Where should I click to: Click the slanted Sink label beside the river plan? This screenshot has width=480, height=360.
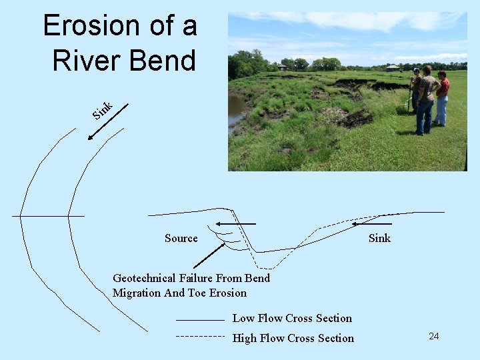[102, 110]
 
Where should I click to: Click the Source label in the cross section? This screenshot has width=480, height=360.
[181, 239]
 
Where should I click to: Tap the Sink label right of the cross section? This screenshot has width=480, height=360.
[379, 239]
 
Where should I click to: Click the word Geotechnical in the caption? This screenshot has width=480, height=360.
[144, 278]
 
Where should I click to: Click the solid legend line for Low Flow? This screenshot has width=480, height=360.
[199, 321]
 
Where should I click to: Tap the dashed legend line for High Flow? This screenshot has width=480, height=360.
[199, 337]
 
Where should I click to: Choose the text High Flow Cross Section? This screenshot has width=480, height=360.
[293, 338]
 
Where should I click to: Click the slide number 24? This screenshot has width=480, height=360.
[433, 336]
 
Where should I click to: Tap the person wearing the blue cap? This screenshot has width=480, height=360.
[415, 90]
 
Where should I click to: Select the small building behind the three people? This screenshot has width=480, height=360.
[392, 67]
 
